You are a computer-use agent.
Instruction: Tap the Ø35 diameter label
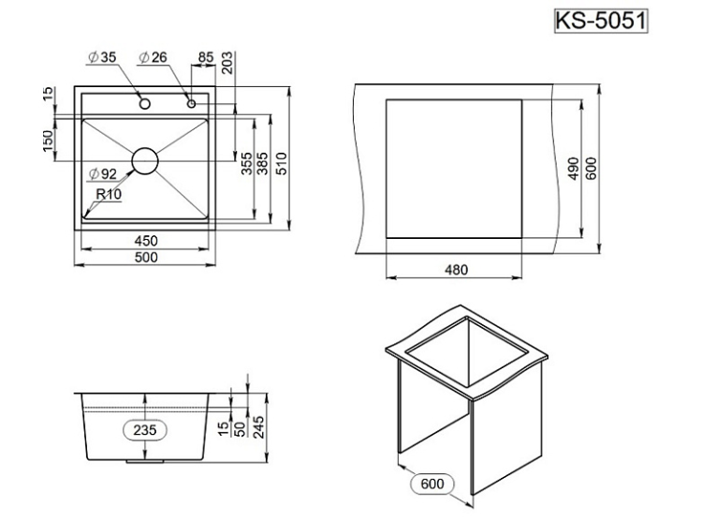tap(102, 58)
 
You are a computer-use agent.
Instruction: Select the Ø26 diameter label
tap(153, 58)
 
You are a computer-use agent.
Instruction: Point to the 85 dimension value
tap(205, 58)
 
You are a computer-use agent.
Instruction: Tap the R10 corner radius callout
tap(109, 195)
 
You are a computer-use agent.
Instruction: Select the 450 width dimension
tap(145, 241)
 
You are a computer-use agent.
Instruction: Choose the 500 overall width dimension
tap(145, 257)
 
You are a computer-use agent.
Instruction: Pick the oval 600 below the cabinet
tap(431, 484)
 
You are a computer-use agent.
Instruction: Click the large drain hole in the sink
tap(145, 161)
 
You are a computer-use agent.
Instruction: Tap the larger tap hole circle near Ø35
tap(145, 102)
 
